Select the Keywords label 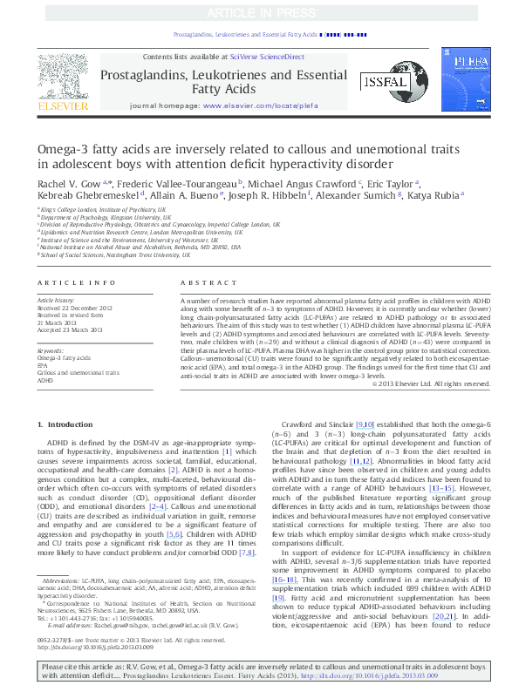(51, 349)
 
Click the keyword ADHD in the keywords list (45, 381)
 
